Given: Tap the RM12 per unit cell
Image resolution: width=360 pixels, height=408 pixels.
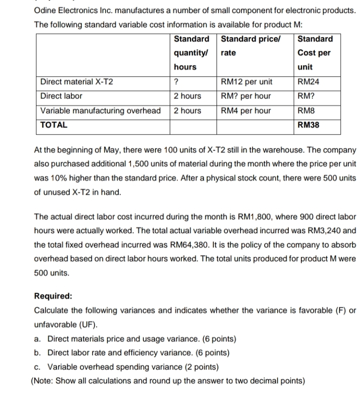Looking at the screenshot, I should (247, 82).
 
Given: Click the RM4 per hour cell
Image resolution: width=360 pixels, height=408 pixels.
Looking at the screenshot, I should (246, 111).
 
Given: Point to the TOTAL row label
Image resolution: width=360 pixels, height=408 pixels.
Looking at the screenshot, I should (54, 125).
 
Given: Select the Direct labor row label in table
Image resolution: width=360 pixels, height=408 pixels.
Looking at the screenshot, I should (61, 96).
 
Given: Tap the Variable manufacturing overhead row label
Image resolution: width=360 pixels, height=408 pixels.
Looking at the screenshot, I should (100, 111).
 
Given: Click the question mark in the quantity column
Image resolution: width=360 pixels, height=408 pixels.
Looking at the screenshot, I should (176, 82).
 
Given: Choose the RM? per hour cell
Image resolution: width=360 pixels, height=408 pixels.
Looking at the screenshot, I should (246, 96).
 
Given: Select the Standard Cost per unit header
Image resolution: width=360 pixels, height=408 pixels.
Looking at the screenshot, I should (315, 53).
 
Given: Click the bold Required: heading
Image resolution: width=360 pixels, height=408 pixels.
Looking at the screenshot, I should (53, 296).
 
